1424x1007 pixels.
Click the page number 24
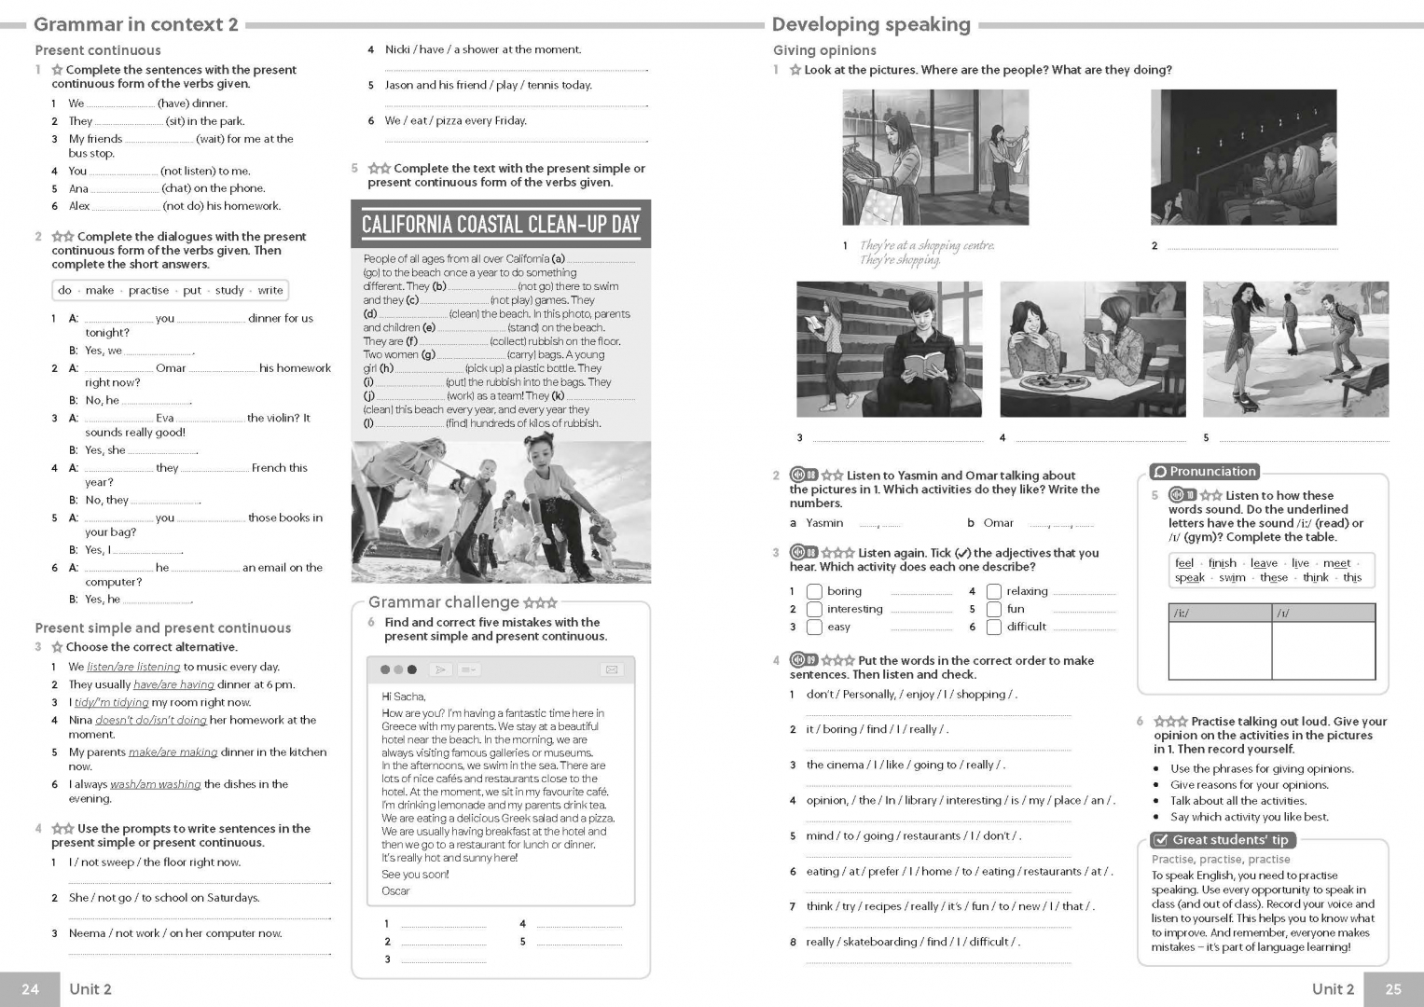pyautogui.click(x=30, y=989)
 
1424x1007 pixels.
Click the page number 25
pyautogui.click(x=1393, y=989)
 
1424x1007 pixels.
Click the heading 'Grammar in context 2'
pyautogui.click(x=136, y=24)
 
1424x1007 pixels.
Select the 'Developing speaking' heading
pyautogui.click(x=871, y=24)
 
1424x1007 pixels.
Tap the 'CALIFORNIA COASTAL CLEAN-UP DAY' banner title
pyautogui.click(x=500, y=224)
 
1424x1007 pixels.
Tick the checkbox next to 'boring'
pyautogui.click(x=814, y=591)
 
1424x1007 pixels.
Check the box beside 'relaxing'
pyautogui.click(x=994, y=591)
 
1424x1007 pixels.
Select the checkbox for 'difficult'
pyautogui.click(x=994, y=627)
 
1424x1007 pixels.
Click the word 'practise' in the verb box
pyautogui.click(x=149, y=290)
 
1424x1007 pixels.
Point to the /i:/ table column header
pyautogui.click(x=1220, y=613)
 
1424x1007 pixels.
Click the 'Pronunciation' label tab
pyautogui.click(x=1205, y=472)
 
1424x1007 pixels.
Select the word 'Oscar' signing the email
pyautogui.click(x=395, y=891)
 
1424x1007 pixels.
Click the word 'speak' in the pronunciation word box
pyautogui.click(x=1189, y=578)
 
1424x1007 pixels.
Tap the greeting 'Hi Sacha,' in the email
pyautogui.click(x=404, y=697)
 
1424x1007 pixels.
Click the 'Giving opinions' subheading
pyautogui.click(x=824, y=50)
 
